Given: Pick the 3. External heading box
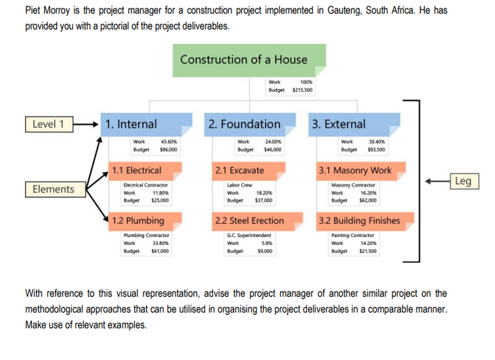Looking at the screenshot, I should tap(356, 124).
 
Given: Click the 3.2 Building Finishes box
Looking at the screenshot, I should tap(361, 221).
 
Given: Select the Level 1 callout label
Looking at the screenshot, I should tap(49, 124).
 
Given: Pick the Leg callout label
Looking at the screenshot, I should tap(462, 181).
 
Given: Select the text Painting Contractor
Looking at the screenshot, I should tap(353, 235).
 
